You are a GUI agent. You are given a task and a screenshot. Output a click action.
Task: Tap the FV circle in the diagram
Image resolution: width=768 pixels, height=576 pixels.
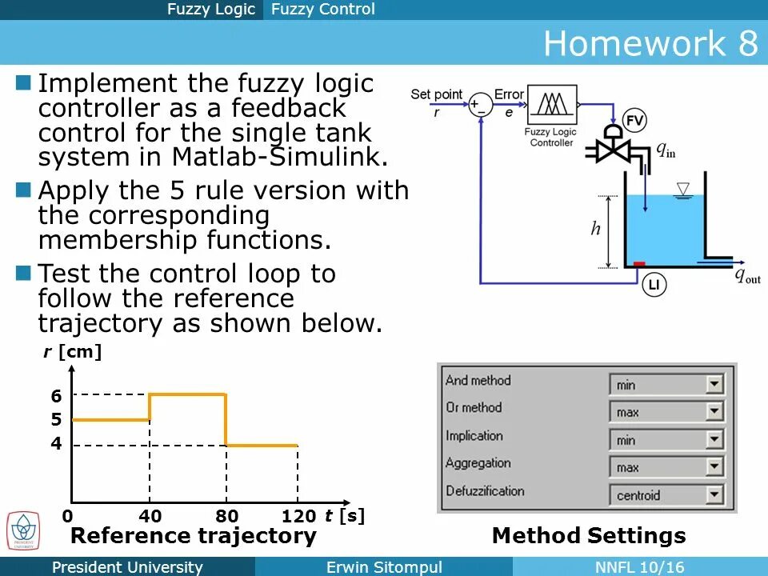tap(634, 122)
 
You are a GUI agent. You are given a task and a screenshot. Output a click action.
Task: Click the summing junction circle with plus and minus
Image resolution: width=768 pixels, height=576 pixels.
tap(480, 105)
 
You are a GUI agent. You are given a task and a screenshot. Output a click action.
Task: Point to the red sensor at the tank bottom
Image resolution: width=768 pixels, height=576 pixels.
tap(639, 264)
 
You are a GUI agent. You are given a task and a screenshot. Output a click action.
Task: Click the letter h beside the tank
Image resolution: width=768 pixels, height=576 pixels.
tap(595, 230)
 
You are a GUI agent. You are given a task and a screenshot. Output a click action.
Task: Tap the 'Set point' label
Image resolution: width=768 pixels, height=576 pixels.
tap(436, 94)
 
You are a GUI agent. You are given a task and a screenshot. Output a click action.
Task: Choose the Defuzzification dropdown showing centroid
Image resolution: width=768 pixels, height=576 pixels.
tap(666, 495)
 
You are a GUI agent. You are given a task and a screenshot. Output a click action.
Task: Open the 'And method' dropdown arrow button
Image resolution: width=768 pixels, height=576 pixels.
tap(714, 385)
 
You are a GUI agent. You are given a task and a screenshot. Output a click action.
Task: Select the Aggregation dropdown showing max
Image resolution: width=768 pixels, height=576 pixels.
tap(666, 467)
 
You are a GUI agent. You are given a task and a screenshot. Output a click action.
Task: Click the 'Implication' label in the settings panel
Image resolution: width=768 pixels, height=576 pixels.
tap(474, 436)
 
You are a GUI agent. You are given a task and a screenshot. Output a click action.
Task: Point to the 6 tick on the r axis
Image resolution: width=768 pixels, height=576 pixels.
tap(56, 395)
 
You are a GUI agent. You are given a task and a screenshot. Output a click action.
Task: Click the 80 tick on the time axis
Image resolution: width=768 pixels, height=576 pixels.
tap(227, 516)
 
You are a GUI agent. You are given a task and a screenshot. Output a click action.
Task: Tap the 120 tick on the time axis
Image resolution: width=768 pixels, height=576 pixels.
tap(298, 516)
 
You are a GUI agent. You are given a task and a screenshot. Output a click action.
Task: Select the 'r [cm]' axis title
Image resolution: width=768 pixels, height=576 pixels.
tap(73, 352)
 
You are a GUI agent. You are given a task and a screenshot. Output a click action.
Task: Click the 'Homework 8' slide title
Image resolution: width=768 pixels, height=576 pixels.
tap(650, 43)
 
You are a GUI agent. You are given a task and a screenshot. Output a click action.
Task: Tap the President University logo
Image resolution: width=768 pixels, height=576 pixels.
tap(23, 531)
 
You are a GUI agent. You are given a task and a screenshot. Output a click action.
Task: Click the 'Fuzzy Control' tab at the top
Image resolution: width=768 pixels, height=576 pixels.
tap(322, 10)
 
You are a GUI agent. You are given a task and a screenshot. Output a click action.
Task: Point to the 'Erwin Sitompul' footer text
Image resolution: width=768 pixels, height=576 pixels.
tap(384, 567)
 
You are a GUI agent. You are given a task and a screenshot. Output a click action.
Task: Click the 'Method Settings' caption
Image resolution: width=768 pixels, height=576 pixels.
tap(589, 535)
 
